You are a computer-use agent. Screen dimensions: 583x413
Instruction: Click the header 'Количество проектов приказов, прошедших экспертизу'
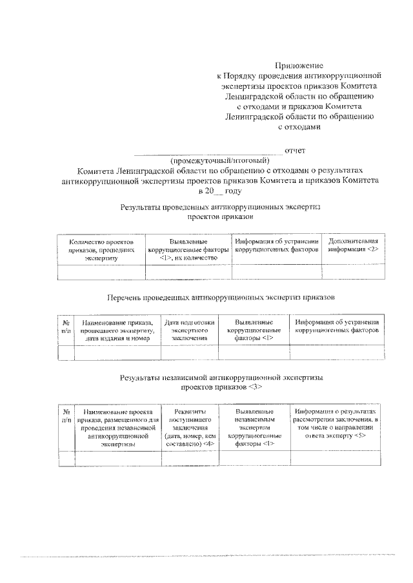tap(101, 249)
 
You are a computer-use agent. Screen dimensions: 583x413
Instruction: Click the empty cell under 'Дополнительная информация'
tap(354, 272)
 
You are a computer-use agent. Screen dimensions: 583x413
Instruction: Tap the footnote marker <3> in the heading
tap(254, 388)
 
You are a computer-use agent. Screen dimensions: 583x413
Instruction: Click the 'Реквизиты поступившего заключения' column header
tap(190, 427)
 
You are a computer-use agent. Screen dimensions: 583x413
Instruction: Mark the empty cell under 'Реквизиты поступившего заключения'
tap(190, 458)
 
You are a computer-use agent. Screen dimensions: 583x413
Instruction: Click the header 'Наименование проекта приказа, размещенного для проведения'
tap(118, 427)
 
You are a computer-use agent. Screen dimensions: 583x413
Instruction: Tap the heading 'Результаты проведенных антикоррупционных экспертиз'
tap(220, 208)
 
